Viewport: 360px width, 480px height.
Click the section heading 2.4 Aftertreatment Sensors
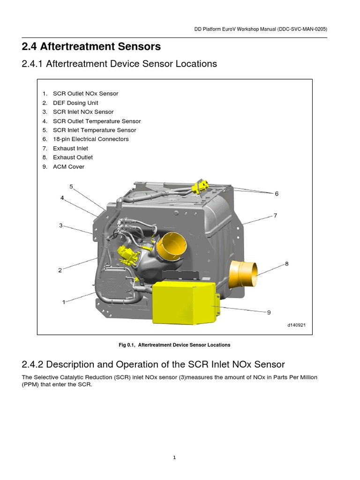tap(91, 46)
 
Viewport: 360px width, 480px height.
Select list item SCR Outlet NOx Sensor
tap(85, 94)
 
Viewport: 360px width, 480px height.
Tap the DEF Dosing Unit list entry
tap(75, 103)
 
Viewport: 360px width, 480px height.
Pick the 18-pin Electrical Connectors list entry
tap(90, 139)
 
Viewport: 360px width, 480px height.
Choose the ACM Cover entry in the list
tap(68, 167)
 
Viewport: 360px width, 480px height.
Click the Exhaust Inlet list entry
tap(70, 149)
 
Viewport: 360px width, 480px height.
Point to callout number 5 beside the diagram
tap(71, 187)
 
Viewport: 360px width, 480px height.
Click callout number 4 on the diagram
tap(62, 198)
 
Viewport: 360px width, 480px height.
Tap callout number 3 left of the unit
tap(60, 225)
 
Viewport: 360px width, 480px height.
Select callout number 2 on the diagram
tap(60, 270)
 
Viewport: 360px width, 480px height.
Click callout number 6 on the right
tap(277, 194)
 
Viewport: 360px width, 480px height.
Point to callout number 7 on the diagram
tap(275, 216)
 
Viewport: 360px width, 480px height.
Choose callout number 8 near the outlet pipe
tap(286, 264)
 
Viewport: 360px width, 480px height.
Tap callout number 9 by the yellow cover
tap(269, 313)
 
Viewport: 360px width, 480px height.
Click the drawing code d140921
tap(296, 325)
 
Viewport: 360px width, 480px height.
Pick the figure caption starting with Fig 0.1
tap(174, 345)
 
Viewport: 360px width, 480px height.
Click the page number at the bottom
tap(174, 458)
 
